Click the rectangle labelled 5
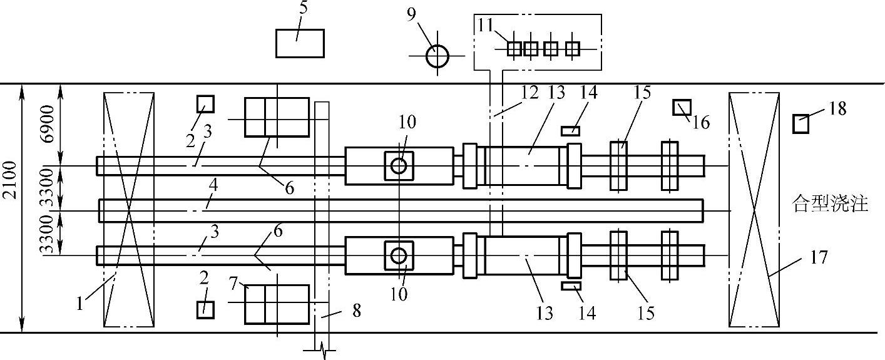[300, 43]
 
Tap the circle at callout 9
[437, 56]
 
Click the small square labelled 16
[680, 107]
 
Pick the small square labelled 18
[801, 124]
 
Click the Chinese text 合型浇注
[831, 204]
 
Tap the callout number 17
[818, 257]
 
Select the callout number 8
[356, 311]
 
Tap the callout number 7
[234, 284]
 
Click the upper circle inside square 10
[399, 165]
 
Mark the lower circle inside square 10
[399, 255]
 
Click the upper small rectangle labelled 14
[570, 130]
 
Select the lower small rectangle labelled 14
[571, 286]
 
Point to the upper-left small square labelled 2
[205, 103]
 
